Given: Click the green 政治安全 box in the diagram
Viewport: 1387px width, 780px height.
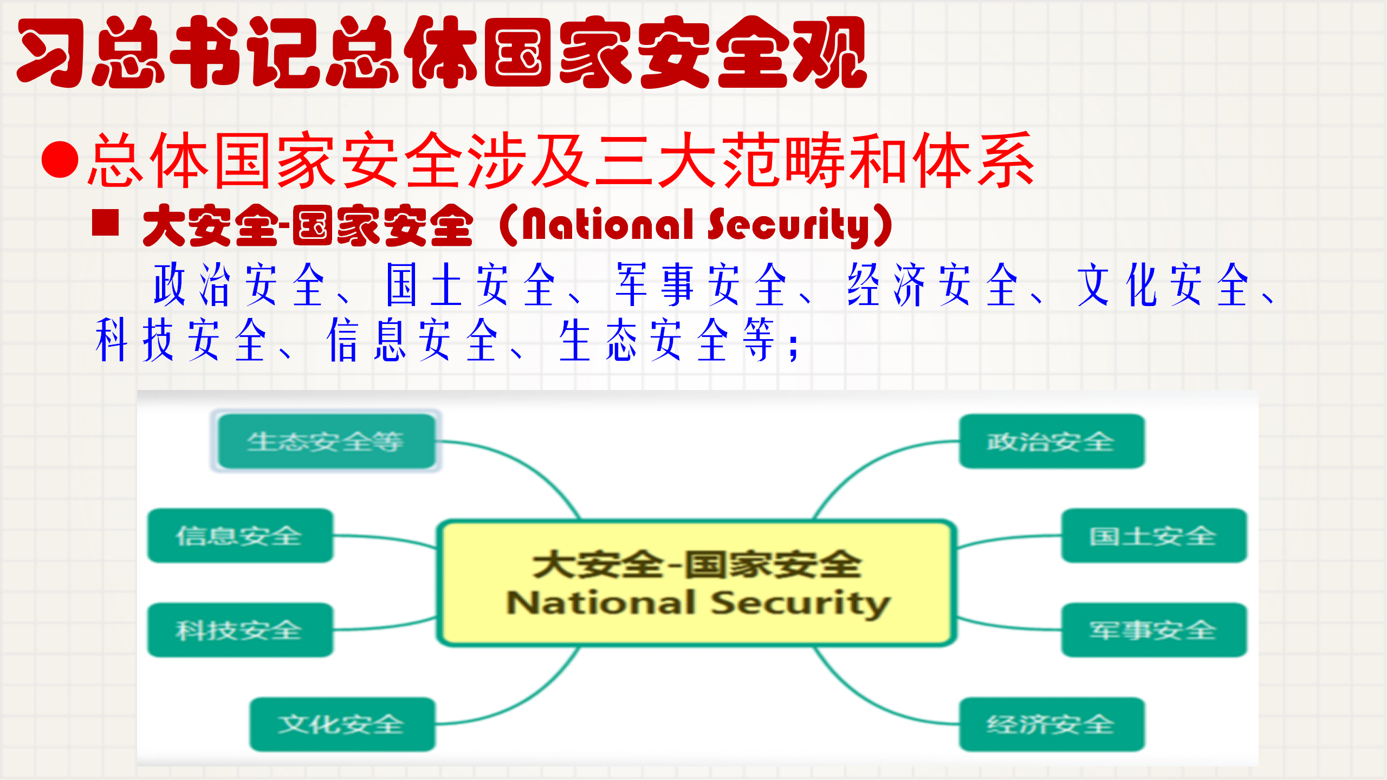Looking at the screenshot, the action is [1052, 441].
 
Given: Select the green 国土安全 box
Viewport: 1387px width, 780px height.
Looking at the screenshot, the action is [1153, 536].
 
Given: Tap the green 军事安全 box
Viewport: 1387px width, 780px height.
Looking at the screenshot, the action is [1153, 630].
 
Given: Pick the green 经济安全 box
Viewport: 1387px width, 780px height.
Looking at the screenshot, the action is [1052, 724].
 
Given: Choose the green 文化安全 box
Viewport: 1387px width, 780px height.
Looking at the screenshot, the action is [342, 724].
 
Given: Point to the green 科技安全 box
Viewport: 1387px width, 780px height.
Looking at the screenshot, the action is [240, 630].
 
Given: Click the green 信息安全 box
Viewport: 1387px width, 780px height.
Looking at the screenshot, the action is [240, 536].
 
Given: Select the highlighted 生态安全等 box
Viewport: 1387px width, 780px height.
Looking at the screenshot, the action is [326, 441].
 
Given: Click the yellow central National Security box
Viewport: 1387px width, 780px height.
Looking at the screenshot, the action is [696, 583].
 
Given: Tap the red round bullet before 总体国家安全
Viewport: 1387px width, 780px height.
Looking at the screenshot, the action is [60, 159].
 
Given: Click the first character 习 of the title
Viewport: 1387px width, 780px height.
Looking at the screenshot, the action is [51, 53].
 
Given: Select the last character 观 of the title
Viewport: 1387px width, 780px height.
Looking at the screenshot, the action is [831, 53].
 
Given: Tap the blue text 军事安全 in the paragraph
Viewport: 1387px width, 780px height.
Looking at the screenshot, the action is [701, 285].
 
